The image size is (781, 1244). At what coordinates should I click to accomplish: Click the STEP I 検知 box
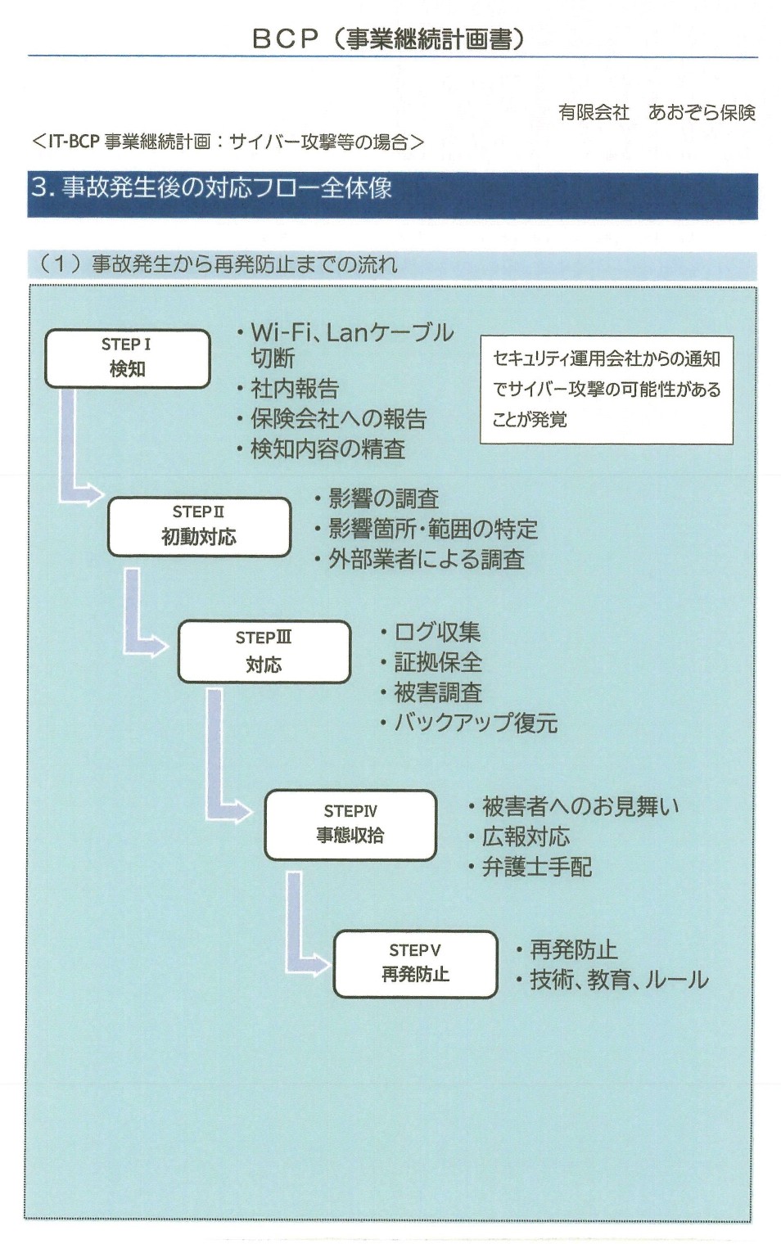(127, 358)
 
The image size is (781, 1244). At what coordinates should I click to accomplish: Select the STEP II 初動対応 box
(199, 526)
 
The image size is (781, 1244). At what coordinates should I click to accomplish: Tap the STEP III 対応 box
(264, 651)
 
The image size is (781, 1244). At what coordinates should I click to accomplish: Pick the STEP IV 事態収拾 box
(350, 824)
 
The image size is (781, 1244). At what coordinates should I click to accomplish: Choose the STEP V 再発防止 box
(415, 963)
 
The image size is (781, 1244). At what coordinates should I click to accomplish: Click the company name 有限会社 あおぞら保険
(656, 112)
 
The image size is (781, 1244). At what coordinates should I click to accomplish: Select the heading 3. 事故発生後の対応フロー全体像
(211, 188)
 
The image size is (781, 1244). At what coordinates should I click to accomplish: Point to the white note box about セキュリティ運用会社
(606, 390)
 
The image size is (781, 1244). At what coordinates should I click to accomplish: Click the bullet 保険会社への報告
(338, 419)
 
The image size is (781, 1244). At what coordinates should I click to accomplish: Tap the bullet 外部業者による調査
(426, 560)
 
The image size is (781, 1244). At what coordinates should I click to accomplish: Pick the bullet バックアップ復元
(475, 723)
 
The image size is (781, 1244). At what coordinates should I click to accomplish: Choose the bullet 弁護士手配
(536, 868)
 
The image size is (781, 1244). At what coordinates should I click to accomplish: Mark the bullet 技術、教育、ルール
(618, 980)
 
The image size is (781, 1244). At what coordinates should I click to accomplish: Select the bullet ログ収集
(436, 632)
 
